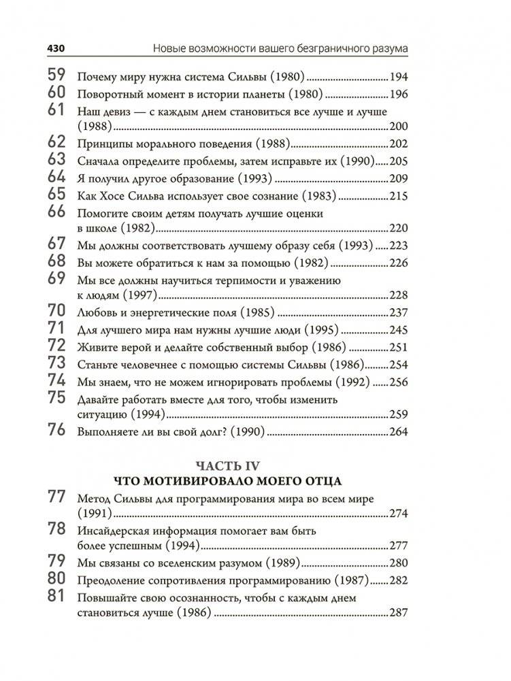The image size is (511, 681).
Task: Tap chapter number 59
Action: click(57, 76)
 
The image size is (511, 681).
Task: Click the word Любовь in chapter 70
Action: click(97, 313)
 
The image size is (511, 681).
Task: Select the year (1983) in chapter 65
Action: click(320, 195)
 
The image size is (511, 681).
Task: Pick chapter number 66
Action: click(57, 212)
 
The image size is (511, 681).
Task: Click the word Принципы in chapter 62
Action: click(104, 144)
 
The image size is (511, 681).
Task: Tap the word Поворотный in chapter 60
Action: click(108, 95)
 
